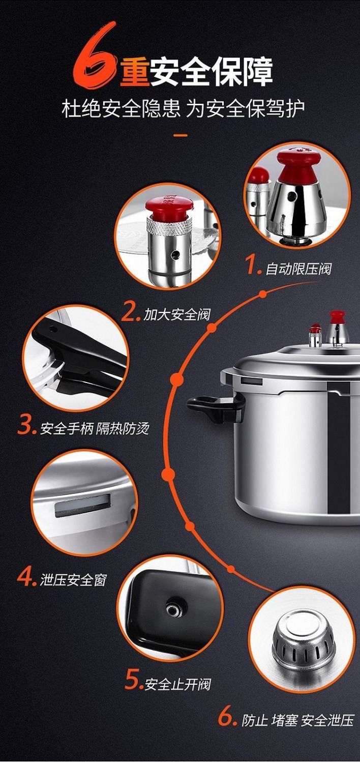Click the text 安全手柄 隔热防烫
95,428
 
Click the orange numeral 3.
26,427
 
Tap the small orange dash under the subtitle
181,136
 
